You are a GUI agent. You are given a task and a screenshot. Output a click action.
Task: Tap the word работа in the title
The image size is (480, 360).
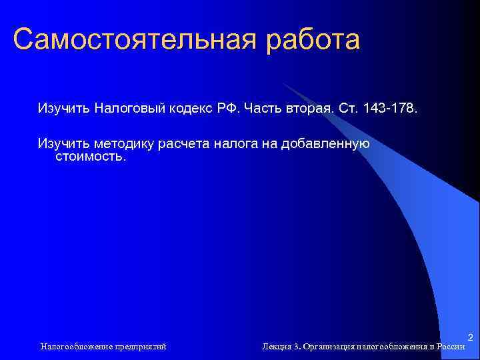click(313, 40)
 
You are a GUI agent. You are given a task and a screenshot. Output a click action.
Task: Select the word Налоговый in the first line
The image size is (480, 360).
click(127, 108)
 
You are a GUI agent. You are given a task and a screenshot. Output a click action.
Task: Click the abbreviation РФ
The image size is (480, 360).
click(231, 108)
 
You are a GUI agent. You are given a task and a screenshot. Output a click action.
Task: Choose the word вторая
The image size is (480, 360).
click(309, 108)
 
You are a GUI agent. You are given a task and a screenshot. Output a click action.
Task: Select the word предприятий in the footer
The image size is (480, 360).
click(141, 347)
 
